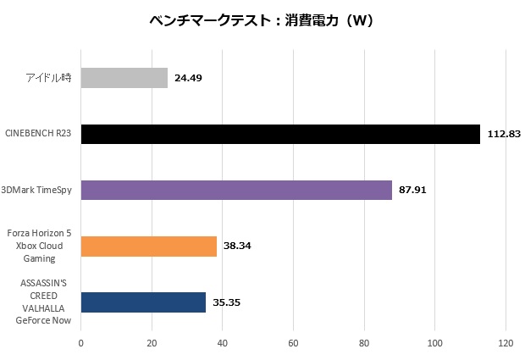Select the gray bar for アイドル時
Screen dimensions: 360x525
coord(124,79)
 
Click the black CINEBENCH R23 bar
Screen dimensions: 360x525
coord(280,135)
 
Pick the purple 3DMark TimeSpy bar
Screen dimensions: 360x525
coord(236,191)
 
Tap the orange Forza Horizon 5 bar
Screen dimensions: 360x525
coord(149,246)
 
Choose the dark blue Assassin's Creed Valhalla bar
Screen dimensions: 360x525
coord(143,302)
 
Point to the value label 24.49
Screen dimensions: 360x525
coord(187,79)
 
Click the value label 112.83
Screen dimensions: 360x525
coord(504,135)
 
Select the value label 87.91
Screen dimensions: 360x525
coord(412,191)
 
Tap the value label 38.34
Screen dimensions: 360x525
coord(237,246)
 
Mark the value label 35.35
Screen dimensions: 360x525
coord(226,302)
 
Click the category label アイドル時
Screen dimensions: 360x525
coord(49,79)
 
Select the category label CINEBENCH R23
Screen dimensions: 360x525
coord(39,135)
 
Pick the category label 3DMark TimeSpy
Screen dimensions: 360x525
coord(37,191)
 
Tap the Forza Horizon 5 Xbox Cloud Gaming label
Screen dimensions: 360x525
coord(39,246)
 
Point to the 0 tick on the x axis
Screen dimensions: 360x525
coord(80,343)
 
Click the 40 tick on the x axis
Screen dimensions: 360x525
coord(222,343)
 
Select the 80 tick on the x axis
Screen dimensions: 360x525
coord(363,343)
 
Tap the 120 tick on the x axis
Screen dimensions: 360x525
coord(505,343)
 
